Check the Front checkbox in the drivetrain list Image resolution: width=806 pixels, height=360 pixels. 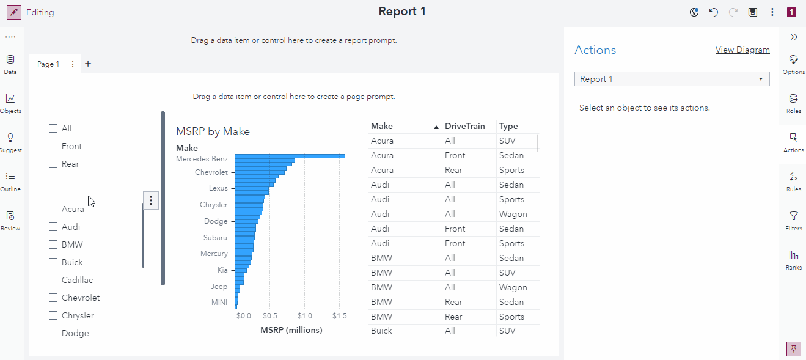point(53,146)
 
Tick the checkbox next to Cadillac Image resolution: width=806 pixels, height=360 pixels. point(53,280)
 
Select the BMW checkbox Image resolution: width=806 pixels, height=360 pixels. point(53,244)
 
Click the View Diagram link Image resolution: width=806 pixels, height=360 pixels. point(742,50)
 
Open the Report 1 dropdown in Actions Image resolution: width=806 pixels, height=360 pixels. point(672,79)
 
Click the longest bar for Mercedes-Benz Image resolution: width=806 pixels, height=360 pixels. point(290,156)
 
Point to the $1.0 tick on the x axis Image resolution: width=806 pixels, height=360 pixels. point(304,316)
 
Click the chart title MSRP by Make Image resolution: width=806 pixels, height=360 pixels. point(213,131)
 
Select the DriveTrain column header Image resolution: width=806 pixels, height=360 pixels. point(464,126)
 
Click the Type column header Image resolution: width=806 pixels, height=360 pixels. point(508,126)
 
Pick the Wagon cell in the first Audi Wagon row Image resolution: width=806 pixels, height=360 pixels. point(513,214)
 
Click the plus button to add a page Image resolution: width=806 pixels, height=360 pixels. point(88,64)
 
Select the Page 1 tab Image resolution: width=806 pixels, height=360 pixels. point(48,64)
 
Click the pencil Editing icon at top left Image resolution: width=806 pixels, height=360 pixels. point(13,12)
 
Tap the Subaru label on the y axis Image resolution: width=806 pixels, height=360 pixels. point(215,237)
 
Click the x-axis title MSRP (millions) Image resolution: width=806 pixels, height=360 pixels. point(291,330)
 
